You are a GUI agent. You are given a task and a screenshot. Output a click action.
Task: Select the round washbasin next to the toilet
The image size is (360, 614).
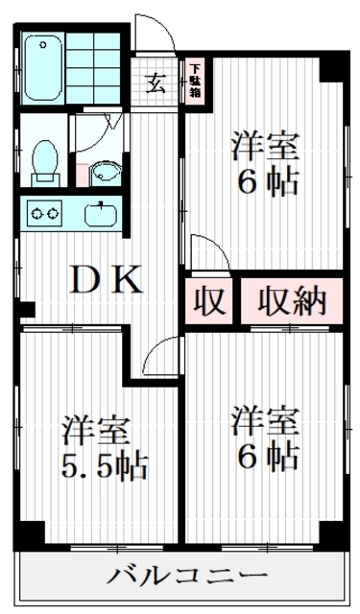click(x=107, y=173)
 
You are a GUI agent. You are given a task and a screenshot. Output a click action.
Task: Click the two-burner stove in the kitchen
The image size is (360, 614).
click(x=43, y=211)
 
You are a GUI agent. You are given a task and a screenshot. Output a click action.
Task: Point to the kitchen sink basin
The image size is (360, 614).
click(x=101, y=212)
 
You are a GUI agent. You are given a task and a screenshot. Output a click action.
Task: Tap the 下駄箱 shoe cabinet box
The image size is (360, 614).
click(x=195, y=82)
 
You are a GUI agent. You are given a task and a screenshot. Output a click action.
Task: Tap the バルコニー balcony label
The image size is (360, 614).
click(x=186, y=577)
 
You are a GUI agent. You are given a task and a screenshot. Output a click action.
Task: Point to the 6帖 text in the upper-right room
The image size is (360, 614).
click(x=266, y=182)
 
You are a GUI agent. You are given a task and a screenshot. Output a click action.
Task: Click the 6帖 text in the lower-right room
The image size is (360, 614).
click(x=266, y=457)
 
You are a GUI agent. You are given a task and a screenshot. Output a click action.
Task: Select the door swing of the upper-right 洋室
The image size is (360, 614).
click(x=209, y=251)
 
